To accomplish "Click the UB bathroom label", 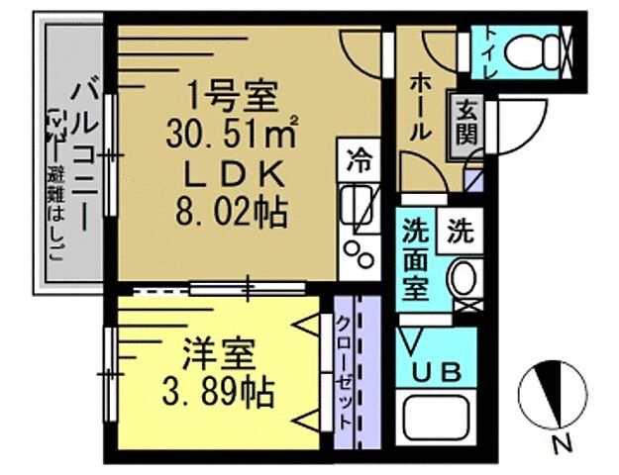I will [436, 373].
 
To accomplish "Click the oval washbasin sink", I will [461, 281].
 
